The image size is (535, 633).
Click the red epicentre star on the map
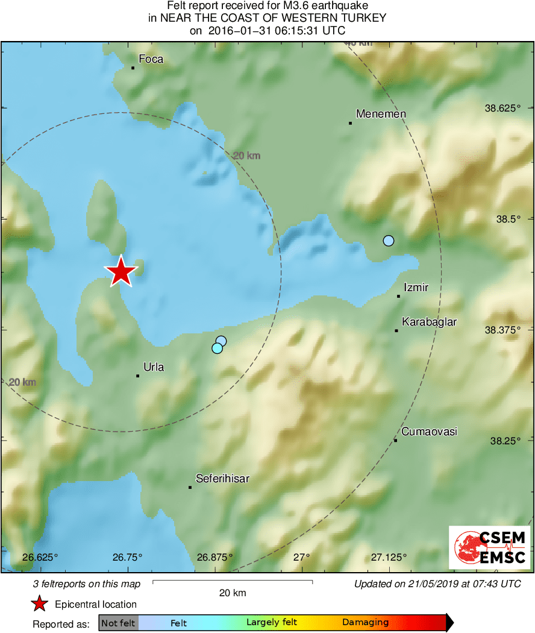[121, 272]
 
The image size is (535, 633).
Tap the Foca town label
[151, 59]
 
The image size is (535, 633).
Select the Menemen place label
[381, 114]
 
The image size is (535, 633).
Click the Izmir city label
[416, 288]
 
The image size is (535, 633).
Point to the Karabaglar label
[429, 322]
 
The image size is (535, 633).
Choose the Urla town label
[154, 367]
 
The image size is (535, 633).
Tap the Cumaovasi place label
[429, 432]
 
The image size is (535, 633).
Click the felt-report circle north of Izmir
[389, 241]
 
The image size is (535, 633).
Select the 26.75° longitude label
[127, 557]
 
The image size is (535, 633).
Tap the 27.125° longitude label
[389, 557]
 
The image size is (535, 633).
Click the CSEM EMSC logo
[490, 547]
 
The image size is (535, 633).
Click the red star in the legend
[40, 604]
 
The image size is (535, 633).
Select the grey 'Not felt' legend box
[118, 623]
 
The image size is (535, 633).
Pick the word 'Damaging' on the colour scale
[365, 623]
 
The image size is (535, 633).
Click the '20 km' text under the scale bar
[233, 593]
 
